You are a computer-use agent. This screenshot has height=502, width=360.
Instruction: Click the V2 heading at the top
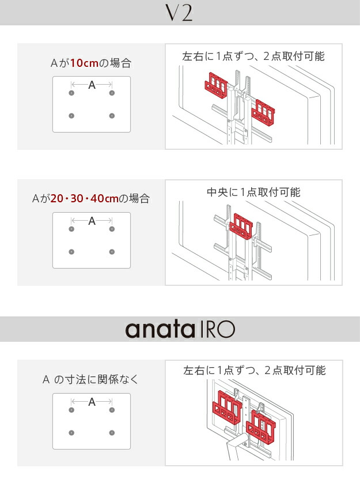(x=180, y=13)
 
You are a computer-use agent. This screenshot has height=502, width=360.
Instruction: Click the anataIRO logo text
(x=180, y=330)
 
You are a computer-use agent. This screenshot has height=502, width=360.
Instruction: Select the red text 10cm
(x=84, y=63)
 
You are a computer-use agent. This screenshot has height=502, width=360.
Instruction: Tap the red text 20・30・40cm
(x=85, y=198)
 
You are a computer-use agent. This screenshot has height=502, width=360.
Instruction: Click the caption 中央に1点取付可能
(x=253, y=192)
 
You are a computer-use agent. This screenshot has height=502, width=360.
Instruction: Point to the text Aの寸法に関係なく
(x=90, y=380)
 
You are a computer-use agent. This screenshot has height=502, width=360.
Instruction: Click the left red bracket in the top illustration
(x=217, y=85)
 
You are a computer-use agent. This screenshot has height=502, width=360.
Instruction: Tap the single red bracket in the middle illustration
(x=241, y=227)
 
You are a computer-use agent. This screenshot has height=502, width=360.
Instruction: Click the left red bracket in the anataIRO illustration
(x=226, y=407)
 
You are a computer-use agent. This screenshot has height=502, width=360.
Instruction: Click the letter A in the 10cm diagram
(x=92, y=85)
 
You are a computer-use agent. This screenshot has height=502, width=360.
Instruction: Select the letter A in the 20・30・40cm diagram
(x=92, y=221)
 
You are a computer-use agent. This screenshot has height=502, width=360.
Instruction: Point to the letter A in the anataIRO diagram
(x=92, y=402)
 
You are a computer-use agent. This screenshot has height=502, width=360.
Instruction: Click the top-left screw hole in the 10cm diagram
(x=71, y=93)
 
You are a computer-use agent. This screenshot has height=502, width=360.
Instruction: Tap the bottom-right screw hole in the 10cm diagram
(x=112, y=116)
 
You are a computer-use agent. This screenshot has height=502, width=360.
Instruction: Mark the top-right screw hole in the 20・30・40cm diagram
(x=112, y=229)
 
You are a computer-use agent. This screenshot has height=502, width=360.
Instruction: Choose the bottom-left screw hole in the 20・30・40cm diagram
(x=71, y=252)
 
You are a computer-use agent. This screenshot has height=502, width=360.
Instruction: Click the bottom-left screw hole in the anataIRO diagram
(x=71, y=433)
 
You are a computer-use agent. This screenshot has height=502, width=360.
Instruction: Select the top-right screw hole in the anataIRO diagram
(x=112, y=410)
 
